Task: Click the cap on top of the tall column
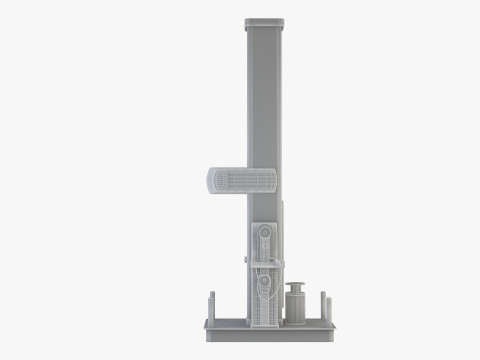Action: [x=263, y=21]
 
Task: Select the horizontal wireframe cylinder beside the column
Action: [x=241, y=181]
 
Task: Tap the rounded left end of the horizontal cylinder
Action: [x=209, y=181]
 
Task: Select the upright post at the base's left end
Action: [x=212, y=305]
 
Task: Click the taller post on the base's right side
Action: [x=323, y=305]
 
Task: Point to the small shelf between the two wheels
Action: [x=266, y=263]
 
